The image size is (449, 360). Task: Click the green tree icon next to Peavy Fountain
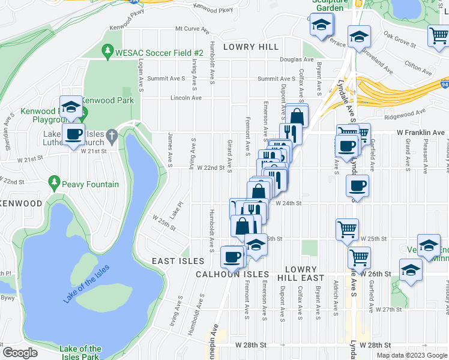[x=55, y=181]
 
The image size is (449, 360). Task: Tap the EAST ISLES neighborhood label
[x=178, y=261]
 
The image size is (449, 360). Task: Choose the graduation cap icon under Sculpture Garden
[x=322, y=25]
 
